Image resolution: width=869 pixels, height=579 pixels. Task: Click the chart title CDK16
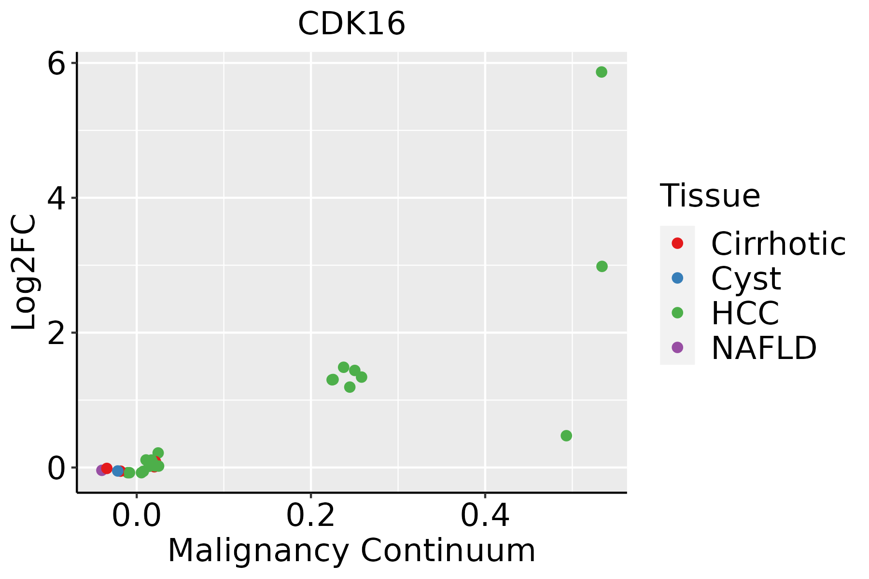pyautogui.click(x=351, y=24)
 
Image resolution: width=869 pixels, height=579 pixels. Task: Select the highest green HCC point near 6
pyautogui.click(x=601, y=72)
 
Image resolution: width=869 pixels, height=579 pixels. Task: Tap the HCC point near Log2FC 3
pyautogui.click(x=602, y=266)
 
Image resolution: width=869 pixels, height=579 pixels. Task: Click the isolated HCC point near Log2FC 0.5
pyautogui.click(x=566, y=436)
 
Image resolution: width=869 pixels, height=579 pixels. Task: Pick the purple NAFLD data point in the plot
pyautogui.click(x=101, y=470)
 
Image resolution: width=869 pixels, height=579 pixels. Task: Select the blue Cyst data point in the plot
pyautogui.click(x=117, y=470)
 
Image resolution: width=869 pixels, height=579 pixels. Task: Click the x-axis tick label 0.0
pyautogui.click(x=137, y=516)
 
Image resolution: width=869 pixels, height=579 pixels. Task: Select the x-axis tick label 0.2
pyautogui.click(x=311, y=516)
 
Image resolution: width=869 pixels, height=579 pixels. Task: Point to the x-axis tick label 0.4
pyautogui.click(x=485, y=516)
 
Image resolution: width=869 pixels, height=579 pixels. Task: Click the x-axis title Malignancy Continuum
pyautogui.click(x=351, y=551)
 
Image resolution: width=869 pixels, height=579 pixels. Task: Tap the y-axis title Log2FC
pyautogui.click(x=24, y=273)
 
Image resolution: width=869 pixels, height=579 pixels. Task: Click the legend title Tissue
pyautogui.click(x=710, y=196)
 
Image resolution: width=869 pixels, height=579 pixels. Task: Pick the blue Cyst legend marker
pyautogui.click(x=677, y=278)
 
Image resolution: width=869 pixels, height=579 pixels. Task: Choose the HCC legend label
pyautogui.click(x=745, y=313)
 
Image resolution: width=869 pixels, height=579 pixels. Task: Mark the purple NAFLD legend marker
pyautogui.click(x=677, y=347)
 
